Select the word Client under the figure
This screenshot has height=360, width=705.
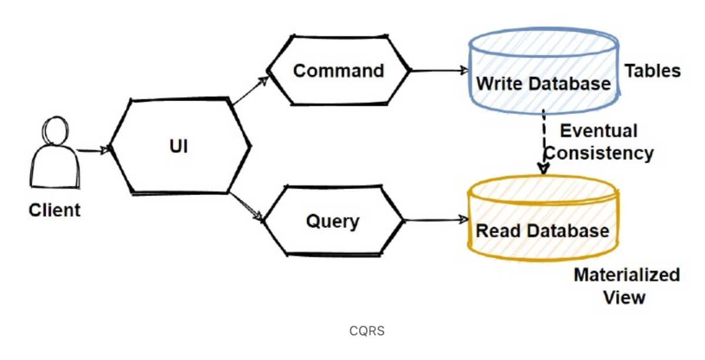[54, 210]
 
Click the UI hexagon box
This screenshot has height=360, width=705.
[179, 146]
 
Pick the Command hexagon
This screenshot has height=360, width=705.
[338, 70]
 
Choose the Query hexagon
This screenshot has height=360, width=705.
[333, 221]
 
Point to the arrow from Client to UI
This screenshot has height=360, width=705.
[93, 150]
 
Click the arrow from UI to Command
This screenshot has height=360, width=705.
[250, 91]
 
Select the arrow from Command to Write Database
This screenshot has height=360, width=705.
[438, 70]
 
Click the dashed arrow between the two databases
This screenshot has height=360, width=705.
[543, 141]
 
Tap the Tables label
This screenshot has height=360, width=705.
[652, 71]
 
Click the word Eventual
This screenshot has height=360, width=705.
[598, 130]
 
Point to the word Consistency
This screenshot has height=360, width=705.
[599, 153]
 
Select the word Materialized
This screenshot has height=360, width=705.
[626, 275]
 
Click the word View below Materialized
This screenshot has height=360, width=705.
[624, 297]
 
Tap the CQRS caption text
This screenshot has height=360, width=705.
[367, 331]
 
